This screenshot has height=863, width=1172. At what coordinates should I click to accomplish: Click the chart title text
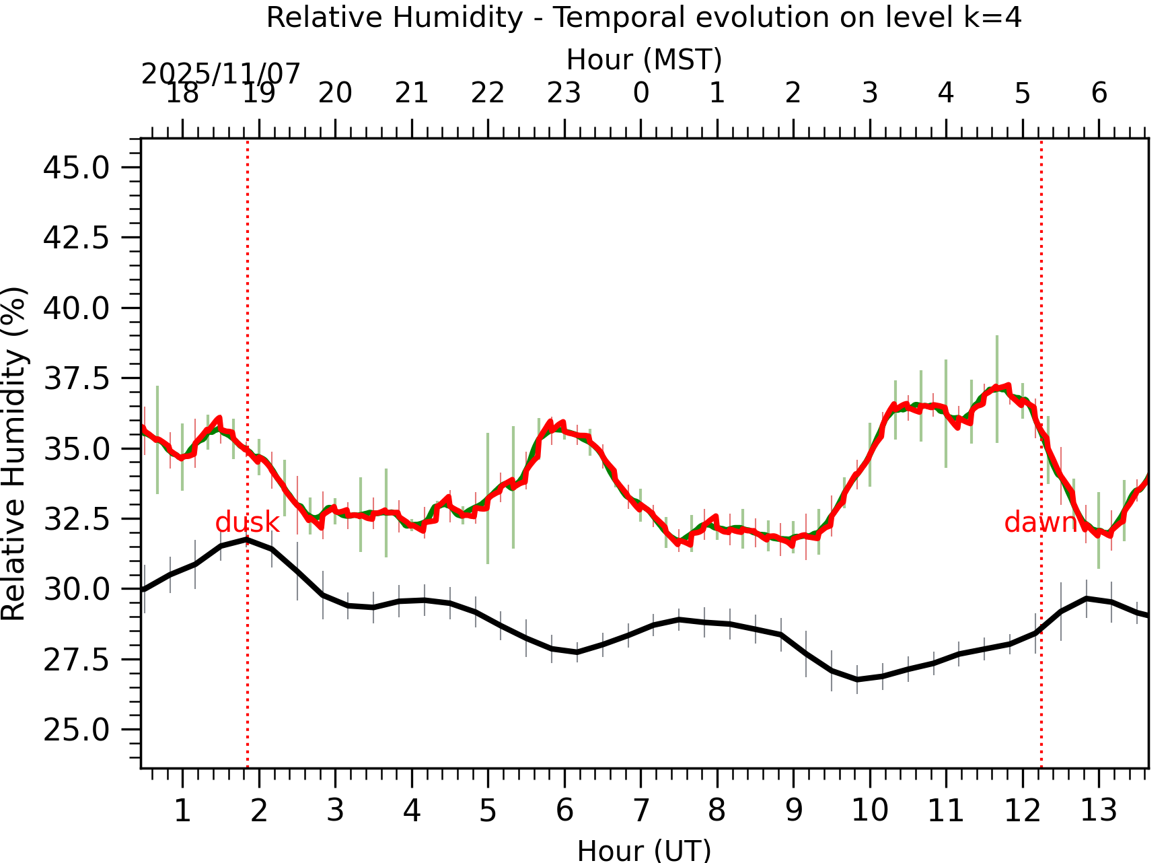[644, 18]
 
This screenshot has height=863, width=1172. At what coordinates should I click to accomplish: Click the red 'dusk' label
[247, 522]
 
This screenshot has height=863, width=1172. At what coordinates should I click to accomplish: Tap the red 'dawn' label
[1040, 522]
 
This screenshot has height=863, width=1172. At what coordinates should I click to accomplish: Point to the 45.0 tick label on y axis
[76, 168]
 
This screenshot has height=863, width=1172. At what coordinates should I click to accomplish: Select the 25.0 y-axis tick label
[76, 730]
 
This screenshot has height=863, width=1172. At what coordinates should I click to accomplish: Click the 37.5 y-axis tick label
[76, 379]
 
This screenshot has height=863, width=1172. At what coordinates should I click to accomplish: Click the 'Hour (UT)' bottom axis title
[644, 850]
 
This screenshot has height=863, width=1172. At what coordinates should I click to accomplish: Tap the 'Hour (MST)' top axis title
[644, 60]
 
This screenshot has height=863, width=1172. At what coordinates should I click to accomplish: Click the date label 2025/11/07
[221, 74]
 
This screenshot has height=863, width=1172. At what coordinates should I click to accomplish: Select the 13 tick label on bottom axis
[1099, 810]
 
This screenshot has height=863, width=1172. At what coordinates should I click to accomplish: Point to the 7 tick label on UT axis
[640, 810]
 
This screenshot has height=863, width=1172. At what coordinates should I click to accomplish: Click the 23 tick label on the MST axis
[564, 93]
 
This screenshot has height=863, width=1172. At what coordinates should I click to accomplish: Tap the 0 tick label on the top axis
[640, 93]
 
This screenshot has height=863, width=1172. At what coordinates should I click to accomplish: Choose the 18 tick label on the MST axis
[182, 93]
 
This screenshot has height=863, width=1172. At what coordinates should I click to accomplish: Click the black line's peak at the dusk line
[248, 539]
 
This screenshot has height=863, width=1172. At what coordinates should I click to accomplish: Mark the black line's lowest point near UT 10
[856, 680]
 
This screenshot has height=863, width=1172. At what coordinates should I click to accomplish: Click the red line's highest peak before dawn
[1008, 386]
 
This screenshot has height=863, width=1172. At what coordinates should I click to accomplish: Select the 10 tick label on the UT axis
[870, 810]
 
